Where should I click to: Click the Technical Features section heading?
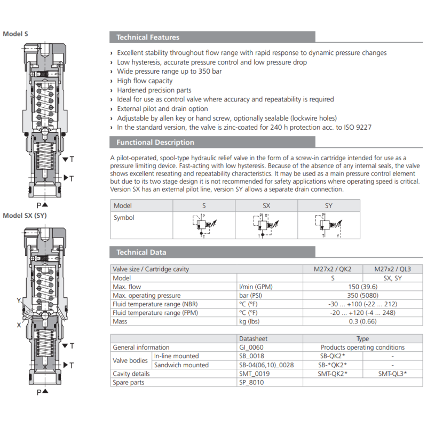pos(148,37)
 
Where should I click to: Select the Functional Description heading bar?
pos(155,143)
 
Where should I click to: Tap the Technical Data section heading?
pos(141,252)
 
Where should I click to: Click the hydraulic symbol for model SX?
pos(266,225)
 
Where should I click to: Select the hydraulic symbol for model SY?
pos(328,225)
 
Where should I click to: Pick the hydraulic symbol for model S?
pos(203,225)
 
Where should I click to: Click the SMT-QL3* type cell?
pos(392,374)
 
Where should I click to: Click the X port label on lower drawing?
pos(19,325)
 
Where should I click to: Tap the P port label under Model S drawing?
pos(39,205)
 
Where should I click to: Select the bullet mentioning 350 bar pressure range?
pos(169,72)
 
